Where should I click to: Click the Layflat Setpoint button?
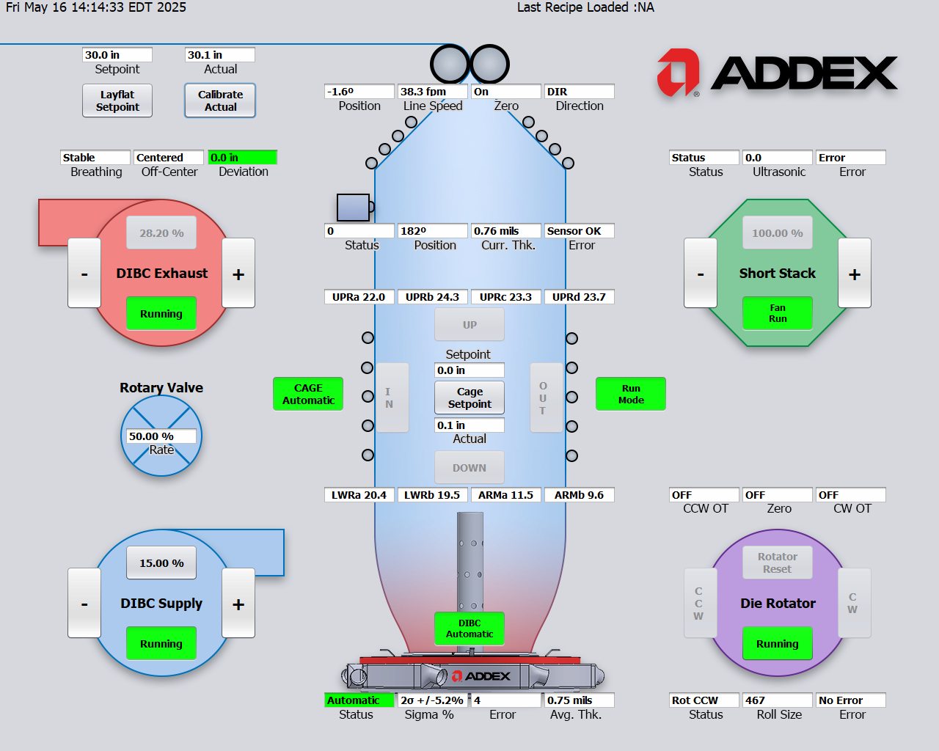117,100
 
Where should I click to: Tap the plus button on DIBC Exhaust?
238,274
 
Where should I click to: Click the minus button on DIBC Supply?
84,604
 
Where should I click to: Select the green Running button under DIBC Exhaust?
161,314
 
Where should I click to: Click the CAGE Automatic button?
308,394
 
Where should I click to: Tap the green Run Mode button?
631,394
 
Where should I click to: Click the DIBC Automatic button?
469,629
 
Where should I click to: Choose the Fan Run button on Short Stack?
778,313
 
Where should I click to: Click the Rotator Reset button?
778,563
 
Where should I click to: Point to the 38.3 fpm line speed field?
433,92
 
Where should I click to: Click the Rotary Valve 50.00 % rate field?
161,436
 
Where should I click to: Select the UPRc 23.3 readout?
505,297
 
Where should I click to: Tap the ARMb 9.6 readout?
579,495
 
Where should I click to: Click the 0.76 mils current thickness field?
505,231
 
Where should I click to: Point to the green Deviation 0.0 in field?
242,158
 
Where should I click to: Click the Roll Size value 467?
777,700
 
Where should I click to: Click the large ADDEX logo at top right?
778,73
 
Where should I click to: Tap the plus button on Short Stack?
855,274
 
